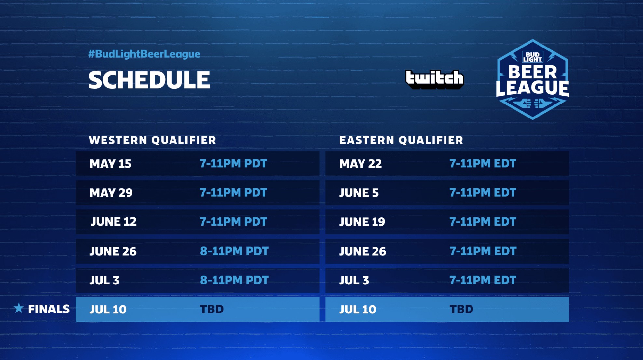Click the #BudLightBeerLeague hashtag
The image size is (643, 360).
[x=144, y=54]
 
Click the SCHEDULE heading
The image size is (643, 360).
[x=149, y=80]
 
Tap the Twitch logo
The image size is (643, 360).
[x=435, y=79]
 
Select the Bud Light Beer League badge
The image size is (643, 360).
[x=532, y=79]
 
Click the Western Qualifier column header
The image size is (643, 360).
[x=153, y=140]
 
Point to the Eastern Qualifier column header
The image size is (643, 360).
[x=401, y=140]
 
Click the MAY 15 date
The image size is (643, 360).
[x=111, y=164]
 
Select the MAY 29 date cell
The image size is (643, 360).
[x=111, y=193]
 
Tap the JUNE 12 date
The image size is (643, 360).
[x=114, y=222]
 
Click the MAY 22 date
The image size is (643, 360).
[x=361, y=164]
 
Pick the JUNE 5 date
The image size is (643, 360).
[x=359, y=193]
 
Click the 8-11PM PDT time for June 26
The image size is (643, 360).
[x=234, y=251]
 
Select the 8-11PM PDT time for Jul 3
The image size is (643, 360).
[x=234, y=280]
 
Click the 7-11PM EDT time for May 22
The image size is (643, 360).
[x=483, y=163]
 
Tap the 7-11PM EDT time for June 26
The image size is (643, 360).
[x=483, y=251]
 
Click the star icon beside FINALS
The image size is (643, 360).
[x=19, y=308]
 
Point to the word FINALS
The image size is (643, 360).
[x=49, y=309]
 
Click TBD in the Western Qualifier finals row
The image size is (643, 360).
[x=212, y=309]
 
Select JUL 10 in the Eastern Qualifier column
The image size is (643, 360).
[x=358, y=309]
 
